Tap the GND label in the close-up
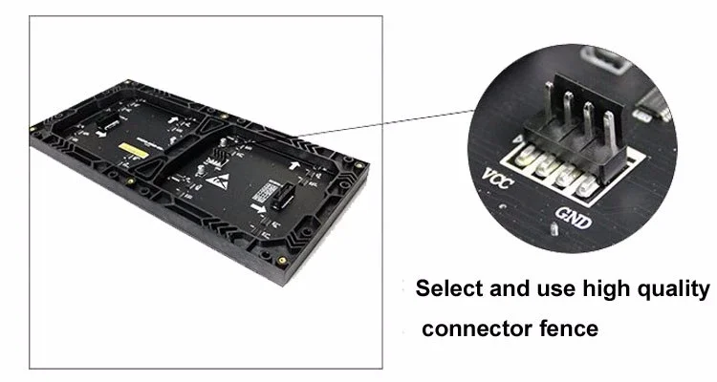pos(572,222)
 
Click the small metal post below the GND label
pos(554,231)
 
